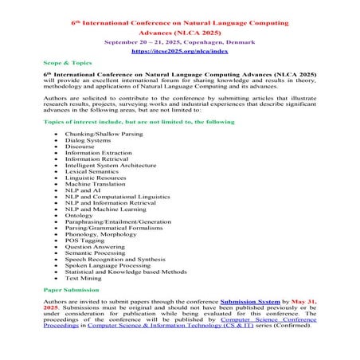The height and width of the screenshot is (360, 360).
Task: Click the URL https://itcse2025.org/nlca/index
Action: [x=179, y=50]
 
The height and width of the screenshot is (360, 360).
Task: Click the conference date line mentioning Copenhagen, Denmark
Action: [x=179, y=39]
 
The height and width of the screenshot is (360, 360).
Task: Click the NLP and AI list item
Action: [x=83, y=190]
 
